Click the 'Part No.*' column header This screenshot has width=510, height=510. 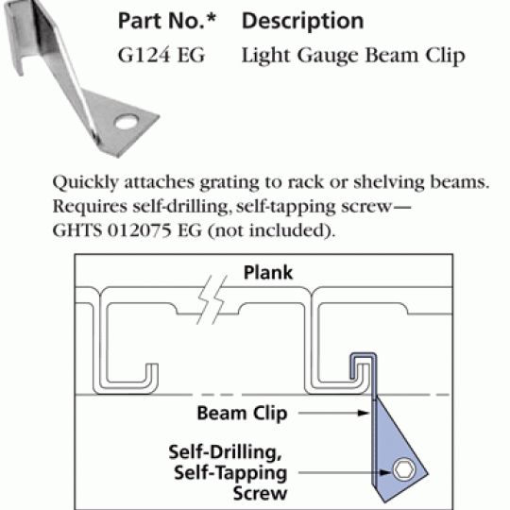tap(167, 21)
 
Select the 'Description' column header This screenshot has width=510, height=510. tap(302, 21)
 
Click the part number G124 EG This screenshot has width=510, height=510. tap(161, 55)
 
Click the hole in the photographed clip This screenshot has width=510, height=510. tap(127, 122)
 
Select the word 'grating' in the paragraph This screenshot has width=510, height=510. tap(229, 183)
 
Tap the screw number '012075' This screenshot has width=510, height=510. tap(139, 230)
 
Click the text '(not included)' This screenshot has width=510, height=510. tap(271, 230)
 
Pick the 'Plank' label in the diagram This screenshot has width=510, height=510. tap(268, 273)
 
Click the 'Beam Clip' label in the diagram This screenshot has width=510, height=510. tap(243, 414)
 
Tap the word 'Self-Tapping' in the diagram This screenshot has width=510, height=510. tap(230, 472)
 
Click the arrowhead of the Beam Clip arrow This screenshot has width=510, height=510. tap(364, 413)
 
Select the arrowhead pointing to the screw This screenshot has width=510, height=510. tap(385, 472)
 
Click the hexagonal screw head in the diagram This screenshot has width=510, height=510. tap(404, 469)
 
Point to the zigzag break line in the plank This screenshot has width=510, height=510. tap(212, 299)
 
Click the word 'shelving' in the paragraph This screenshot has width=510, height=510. tap(389, 183)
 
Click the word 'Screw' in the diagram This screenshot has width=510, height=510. tap(260, 494)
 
